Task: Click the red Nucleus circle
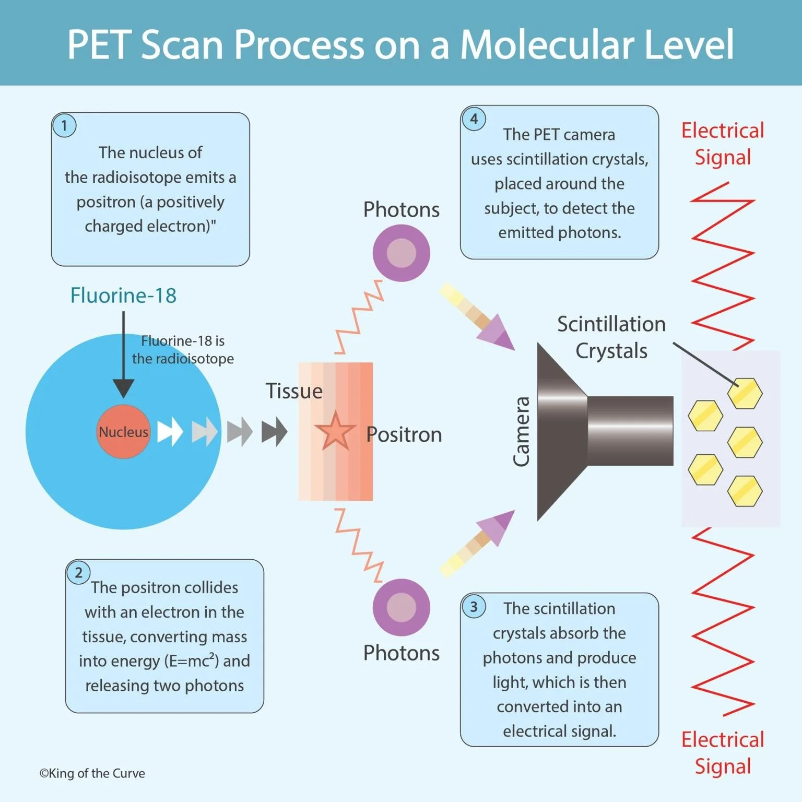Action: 123,431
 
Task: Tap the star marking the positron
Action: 335,432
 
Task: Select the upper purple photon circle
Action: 401,253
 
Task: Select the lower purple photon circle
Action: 401,607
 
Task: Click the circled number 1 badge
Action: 64,126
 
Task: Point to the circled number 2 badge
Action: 78,573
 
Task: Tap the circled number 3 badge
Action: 474,607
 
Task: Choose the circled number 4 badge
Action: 474,119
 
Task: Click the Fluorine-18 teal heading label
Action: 123,296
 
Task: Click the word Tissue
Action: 294,391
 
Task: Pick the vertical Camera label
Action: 522,431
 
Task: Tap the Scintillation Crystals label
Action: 611,337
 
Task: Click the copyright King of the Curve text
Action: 92,773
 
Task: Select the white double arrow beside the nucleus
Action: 170,431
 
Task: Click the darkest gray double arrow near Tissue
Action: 274,431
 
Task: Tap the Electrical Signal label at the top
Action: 723,144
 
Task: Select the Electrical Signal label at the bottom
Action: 723,753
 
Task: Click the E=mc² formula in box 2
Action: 192,661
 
